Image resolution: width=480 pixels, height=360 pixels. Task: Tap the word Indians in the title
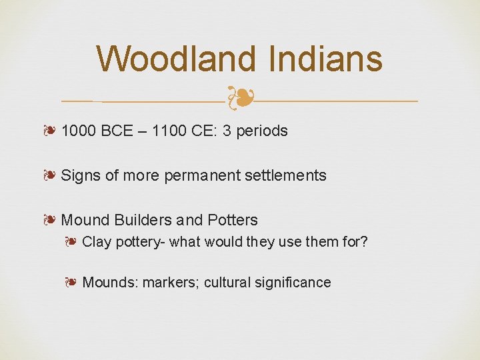[x=326, y=59]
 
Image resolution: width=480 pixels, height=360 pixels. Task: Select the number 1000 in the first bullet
[x=79, y=131]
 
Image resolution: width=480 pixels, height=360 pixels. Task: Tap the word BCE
[x=117, y=131]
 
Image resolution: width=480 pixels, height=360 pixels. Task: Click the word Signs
[x=81, y=175]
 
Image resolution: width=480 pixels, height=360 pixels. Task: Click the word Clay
[x=97, y=241]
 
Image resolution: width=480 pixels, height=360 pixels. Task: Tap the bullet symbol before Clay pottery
[x=72, y=241]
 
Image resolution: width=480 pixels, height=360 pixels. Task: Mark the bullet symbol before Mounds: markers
[x=72, y=283]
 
